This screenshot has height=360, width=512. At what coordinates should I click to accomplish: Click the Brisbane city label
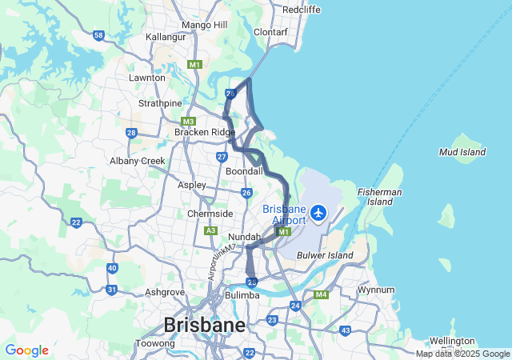point(204,326)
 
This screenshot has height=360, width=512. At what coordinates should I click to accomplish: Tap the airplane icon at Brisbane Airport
point(319,213)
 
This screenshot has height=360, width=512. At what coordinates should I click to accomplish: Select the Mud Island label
point(462,151)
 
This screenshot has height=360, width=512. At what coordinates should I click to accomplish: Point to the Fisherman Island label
point(380,197)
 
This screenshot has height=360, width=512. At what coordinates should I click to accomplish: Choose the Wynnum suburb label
point(378,290)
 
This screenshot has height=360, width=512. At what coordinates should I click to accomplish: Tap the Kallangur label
point(166,37)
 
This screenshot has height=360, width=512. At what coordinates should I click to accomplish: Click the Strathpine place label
point(160,103)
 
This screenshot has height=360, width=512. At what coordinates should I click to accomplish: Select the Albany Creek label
point(137,161)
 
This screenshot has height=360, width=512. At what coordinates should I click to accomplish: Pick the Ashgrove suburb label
point(165,292)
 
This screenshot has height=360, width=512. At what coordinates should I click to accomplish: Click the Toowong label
point(155,343)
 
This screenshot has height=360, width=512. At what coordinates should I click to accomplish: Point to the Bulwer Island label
point(325,255)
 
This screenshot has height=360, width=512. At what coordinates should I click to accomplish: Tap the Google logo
point(26,350)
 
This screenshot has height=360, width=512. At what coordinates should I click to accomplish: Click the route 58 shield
point(98,35)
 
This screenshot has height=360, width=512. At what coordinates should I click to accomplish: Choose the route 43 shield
point(346,330)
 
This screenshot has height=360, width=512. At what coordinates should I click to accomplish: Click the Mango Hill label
point(206,25)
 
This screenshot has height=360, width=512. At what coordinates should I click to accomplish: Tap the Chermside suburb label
point(210,214)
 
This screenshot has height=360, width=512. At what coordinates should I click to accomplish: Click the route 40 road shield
point(112,268)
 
